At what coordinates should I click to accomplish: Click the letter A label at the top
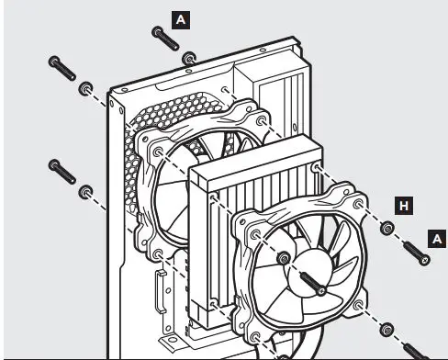pos(183,17)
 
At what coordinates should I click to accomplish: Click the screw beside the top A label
pos(166,39)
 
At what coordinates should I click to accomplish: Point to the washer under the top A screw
pos(189,60)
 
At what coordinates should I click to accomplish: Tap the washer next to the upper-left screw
pos(86,88)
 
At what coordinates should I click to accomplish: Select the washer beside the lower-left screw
pos(86,191)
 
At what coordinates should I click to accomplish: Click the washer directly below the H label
pos(388,228)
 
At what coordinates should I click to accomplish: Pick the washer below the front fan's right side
pos(387,328)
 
